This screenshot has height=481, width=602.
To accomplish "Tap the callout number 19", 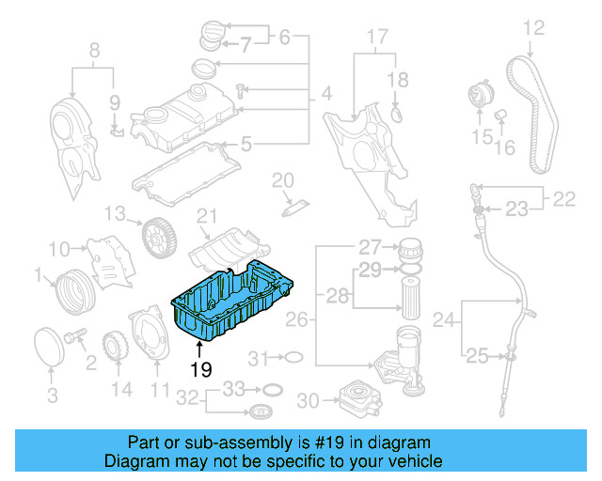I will [x=200, y=370].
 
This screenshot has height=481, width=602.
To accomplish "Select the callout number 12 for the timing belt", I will [x=533, y=28].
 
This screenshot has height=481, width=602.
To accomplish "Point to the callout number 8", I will [x=93, y=50].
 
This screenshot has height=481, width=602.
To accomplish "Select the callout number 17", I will [x=376, y=39].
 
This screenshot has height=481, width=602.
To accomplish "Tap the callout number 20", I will [x=283, y=179].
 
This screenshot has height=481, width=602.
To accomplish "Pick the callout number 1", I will [x=39, y=275].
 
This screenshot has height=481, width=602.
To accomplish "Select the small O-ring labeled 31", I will [x=293, y=358].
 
